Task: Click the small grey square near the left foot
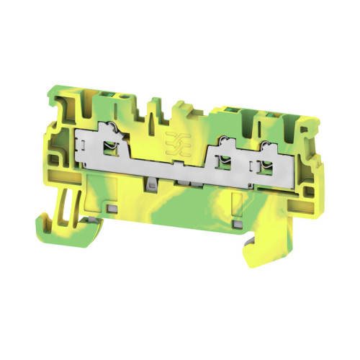click(112, 209)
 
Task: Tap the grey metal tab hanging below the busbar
click(151, 185)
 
